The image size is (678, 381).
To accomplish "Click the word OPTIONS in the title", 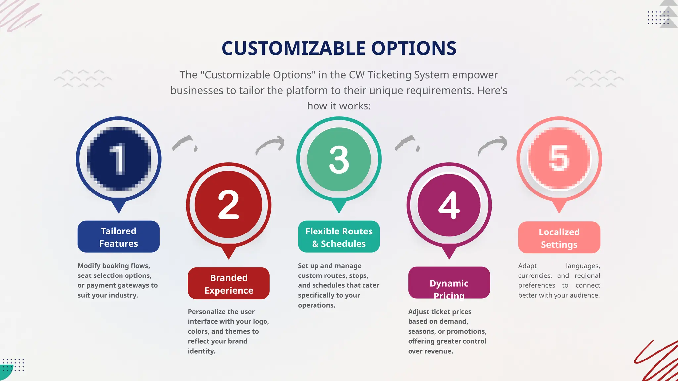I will click(x=414, y=48).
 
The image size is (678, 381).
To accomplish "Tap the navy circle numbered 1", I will click(x=119, y=159).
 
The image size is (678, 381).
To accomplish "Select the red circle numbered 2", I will click(x=228, y=205).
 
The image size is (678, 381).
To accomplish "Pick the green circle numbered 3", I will click(x=339, y=159).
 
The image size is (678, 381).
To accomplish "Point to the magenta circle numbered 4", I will click(x=449, y=205).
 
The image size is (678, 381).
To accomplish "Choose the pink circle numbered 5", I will click(x=559, y=159).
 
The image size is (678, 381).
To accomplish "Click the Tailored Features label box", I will click(x=119, y=237).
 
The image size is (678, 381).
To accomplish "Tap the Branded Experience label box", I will click(x=229, y=283).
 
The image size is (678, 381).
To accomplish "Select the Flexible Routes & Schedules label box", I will click(x=339, y=237).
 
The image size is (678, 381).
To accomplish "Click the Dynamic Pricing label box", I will click(x=449, y=283).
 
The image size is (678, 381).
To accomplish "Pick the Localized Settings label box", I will click(x=559, y=237).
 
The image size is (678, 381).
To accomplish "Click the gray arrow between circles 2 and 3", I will click(x=270, y=146).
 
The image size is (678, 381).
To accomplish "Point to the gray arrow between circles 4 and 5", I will click(x=493, y=146).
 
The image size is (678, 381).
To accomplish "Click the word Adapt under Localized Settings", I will click(x=527, y=266).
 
